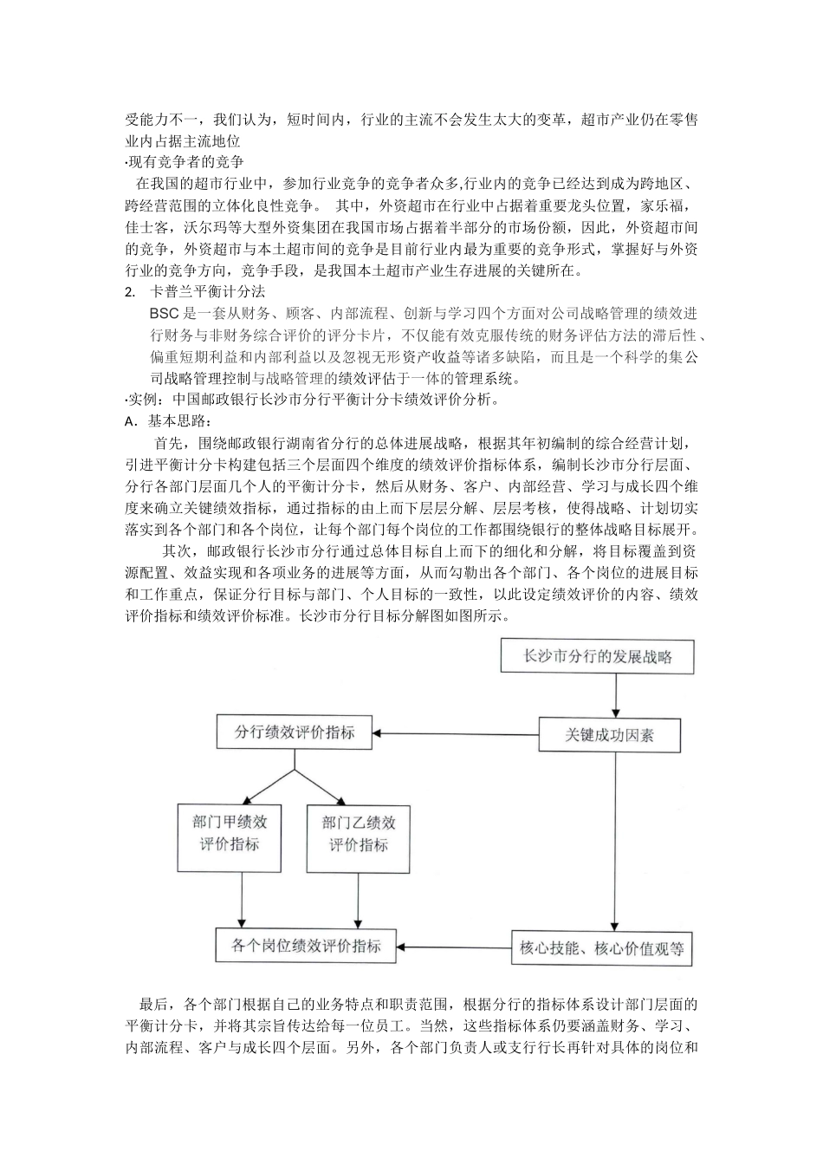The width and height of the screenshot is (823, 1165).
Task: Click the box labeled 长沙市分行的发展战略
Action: click(598, 656)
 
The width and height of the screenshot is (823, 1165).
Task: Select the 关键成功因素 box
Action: click(609, 735)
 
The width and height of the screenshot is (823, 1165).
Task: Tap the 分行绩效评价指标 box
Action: click(295, 732)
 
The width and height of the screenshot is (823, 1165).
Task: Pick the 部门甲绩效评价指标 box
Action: click(230, 833)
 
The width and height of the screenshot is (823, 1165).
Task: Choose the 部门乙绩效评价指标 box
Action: click(359, 833)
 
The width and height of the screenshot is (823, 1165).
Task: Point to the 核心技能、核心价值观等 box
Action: click(601, 948)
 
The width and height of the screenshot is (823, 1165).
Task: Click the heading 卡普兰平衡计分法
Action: click(208, 292)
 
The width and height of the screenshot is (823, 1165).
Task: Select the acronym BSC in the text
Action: click(163, 314)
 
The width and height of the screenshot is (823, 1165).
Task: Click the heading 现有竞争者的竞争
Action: click(185, 162)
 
